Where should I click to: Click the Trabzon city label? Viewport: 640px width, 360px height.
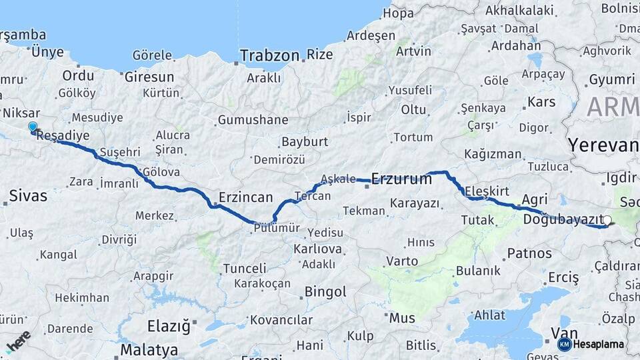point(269,55)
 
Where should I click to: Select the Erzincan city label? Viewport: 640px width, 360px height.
point(246,197)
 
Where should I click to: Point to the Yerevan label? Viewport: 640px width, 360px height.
point(602,145)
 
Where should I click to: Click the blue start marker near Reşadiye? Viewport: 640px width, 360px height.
point(32,127)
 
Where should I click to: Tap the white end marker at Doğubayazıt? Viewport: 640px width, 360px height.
point(607,219)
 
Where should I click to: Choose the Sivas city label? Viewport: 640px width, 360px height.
point(28,195)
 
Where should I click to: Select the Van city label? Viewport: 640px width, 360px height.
point(563,333)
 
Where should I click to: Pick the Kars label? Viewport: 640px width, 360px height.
point(541,102)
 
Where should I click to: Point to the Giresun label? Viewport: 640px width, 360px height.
point(149,76)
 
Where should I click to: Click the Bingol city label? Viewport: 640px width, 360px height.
point(325,291)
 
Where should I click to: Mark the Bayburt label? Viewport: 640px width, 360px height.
point(305,141)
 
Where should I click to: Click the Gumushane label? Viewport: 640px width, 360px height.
point(253,120)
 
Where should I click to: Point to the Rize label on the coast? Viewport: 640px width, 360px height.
point(320,55)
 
